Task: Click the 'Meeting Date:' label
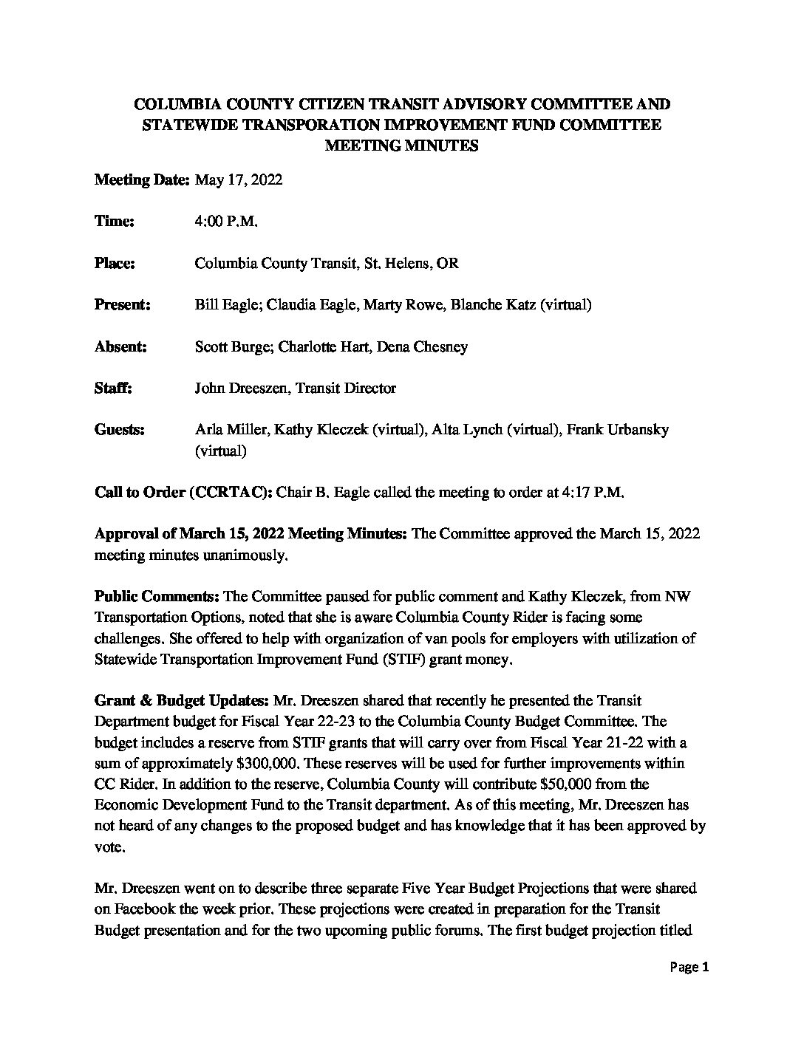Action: pyautogui.click(x=143, y=179)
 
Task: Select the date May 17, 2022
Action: pyautogui.click(x=238, y=179)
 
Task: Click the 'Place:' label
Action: pyautogui.click(x=115, y=263)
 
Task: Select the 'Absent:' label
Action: pyautogui.click(x=120, y=346)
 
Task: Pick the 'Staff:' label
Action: pyautogui.click(x=113, y=387)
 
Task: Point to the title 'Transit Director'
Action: pyautogui.click(x=346, y=387)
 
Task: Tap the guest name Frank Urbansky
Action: pyautogui.click(x=617, y=429)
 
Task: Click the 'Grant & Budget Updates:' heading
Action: pyautogui.click(x=183, y=699)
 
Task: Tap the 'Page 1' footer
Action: pyautogui.click(x=689, y=967)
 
